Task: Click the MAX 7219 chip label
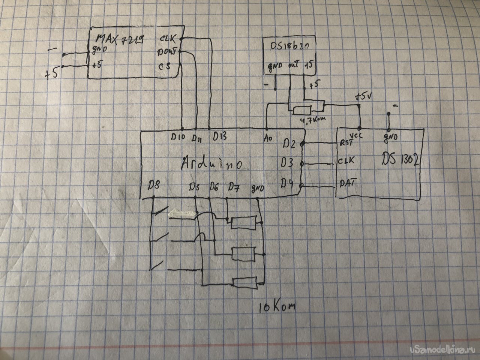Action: point(119,38)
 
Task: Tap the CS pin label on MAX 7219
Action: point(165,66)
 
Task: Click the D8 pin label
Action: point(154,185)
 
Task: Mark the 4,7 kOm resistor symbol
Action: point(302,110)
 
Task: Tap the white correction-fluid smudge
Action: point(182,213)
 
